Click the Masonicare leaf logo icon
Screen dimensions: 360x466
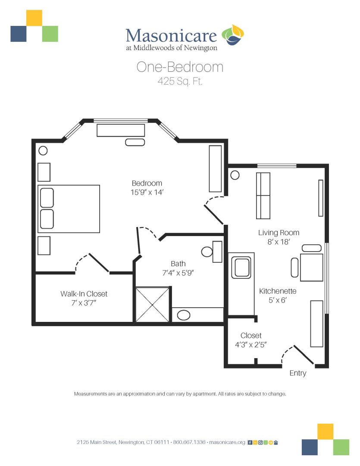232,35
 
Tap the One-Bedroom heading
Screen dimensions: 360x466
180,67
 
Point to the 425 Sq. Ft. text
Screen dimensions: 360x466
180,81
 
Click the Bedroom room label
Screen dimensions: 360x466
147,183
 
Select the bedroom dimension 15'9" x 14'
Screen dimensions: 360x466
147,192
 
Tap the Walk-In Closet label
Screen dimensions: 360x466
84,294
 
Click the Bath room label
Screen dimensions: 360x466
178,264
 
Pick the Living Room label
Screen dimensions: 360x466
279,233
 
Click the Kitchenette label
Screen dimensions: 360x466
278,291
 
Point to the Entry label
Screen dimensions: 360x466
298,373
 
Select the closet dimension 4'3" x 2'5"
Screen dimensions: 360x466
250,345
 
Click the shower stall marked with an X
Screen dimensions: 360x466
153,304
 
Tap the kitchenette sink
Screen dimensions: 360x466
241,268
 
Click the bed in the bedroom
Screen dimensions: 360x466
69,209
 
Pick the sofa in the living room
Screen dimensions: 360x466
263,195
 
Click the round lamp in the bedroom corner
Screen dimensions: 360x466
43,151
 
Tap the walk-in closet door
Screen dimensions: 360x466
92,263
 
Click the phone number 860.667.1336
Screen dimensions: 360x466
189,442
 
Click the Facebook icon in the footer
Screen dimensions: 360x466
250,443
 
